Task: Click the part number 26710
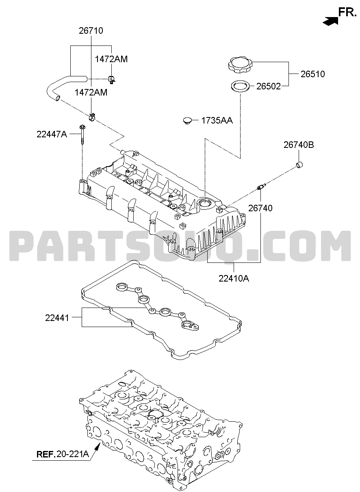point(91,31)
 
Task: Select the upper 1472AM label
point(111,59)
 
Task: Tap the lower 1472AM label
point(91,93)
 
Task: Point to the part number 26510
point(312,74)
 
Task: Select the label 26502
point(269,87)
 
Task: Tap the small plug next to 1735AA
point(187,121)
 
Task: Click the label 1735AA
point(217,121)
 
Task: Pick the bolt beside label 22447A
point(82,134)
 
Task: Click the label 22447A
point(52,134)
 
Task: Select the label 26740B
point(299,145)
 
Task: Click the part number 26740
point(260,208)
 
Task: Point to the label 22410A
point(234,279)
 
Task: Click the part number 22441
point(57,318)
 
